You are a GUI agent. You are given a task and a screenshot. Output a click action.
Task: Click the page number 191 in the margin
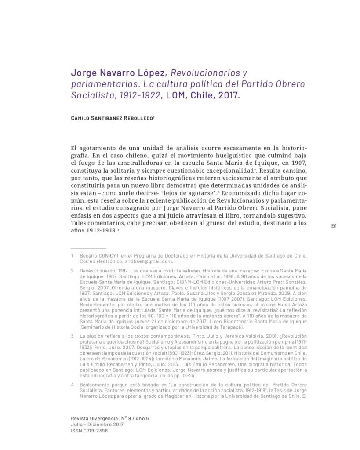tap(333, 226)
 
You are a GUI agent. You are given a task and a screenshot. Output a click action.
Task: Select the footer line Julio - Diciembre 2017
tap(97, 425)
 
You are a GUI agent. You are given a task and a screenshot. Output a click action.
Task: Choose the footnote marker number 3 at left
tap(72, 336)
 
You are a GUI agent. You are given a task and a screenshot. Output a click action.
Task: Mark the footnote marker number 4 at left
tap(72, 384)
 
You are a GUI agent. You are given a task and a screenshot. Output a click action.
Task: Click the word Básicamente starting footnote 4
tap(96, 384)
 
